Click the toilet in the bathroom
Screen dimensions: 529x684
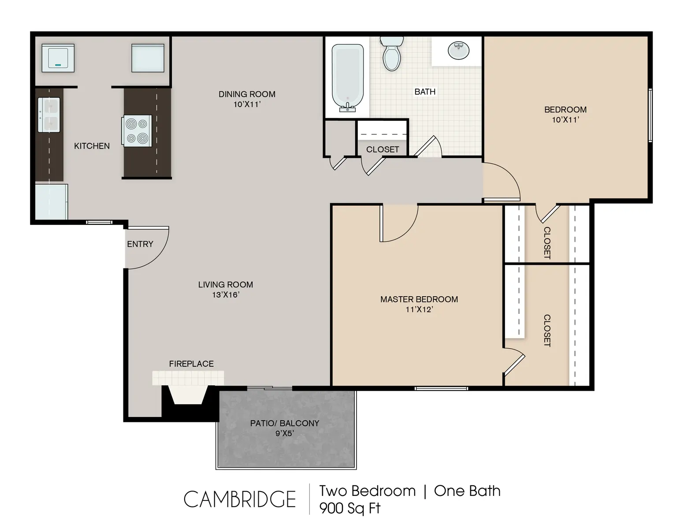coord(391,55)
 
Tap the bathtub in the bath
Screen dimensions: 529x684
coord(348,78)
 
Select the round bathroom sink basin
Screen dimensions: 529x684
coord(459,50)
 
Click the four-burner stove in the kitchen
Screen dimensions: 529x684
coord(137,131)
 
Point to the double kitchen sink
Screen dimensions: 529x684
coord(49,115)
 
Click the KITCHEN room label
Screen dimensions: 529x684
coord(92,146)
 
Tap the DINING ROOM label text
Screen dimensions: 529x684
coord(247,94)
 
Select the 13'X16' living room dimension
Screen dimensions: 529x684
coord(225,295)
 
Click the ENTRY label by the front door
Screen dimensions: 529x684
coord(140,244)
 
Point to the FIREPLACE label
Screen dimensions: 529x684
coord(191,364)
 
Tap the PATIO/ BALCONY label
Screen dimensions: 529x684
coord(284,423)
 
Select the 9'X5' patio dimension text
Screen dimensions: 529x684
coord(284,433)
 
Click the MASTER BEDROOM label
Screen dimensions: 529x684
coord(419,299)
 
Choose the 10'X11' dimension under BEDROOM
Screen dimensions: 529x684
coord(565,120)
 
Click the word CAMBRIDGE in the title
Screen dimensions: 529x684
coord(239,499)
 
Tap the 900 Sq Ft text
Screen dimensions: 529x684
coord(349,508)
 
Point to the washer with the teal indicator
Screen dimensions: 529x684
coord(58,58)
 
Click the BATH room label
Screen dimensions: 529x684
coord(425,92)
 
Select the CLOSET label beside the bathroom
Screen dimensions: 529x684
coord(382,149)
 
